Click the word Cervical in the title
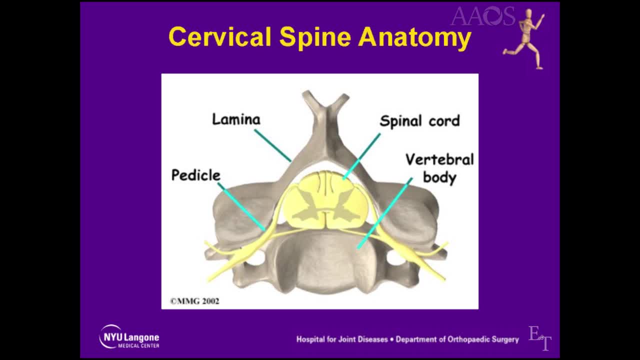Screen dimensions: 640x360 tap(219, 36)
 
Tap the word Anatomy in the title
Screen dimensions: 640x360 tap(414, 38)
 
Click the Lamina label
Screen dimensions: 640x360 tap(236, 119)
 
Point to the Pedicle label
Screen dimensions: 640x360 tap(196, 175)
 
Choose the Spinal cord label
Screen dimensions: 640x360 tap(419, 121)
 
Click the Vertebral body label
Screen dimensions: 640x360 tap(439, 168)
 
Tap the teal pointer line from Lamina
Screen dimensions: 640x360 tap(273, 145)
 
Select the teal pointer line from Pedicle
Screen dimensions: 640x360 tap(241, 206)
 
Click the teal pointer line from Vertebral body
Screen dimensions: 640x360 tap(385, 213)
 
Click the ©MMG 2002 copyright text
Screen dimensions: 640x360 tap(195, 301)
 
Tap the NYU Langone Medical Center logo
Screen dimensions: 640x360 tap(129, 337)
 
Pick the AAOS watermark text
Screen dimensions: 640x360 tap(483, 16)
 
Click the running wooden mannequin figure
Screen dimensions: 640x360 tap(524, 38)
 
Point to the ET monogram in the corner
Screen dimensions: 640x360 tap(539, 338)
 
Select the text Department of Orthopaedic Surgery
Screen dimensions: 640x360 tap(457, 339)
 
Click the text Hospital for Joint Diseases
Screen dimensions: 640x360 tap(342, 339)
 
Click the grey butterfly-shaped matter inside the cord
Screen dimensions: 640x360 tap(325, 207)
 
